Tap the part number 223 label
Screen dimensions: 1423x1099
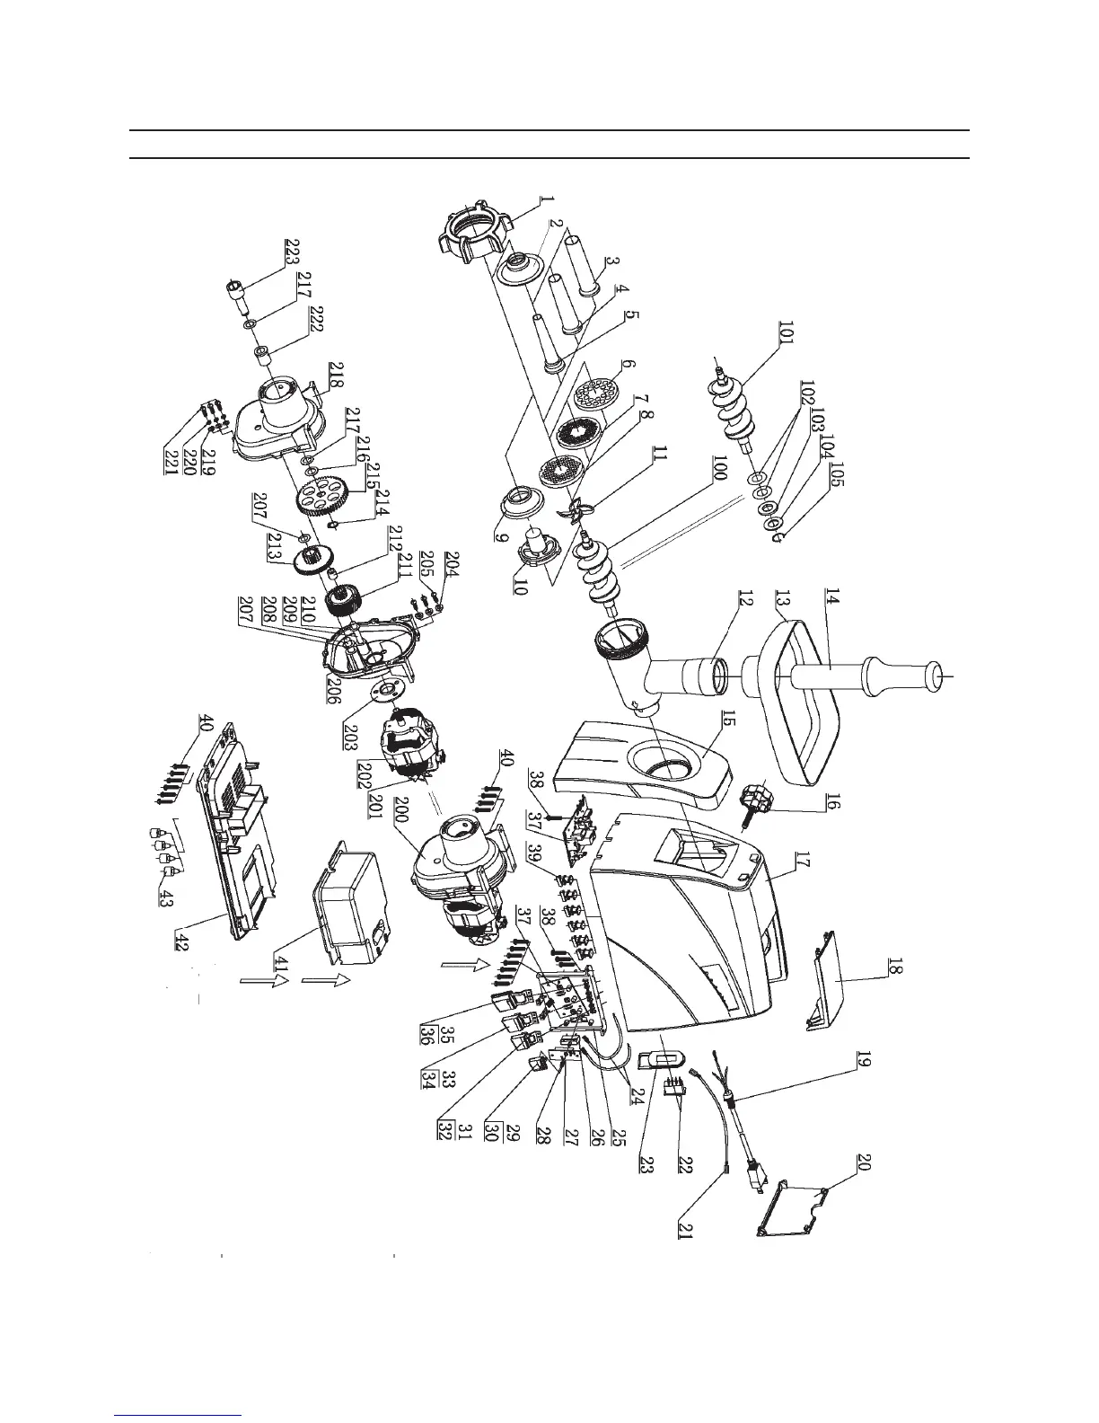point(292,250)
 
